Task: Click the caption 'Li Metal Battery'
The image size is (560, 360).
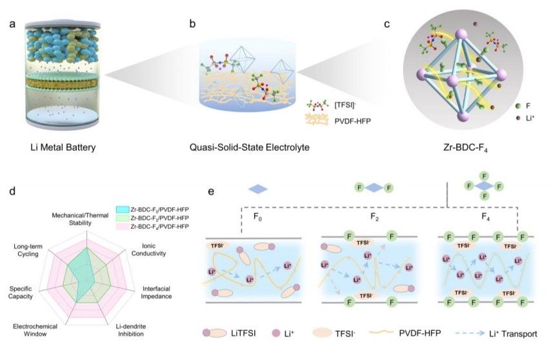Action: point(63,148)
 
